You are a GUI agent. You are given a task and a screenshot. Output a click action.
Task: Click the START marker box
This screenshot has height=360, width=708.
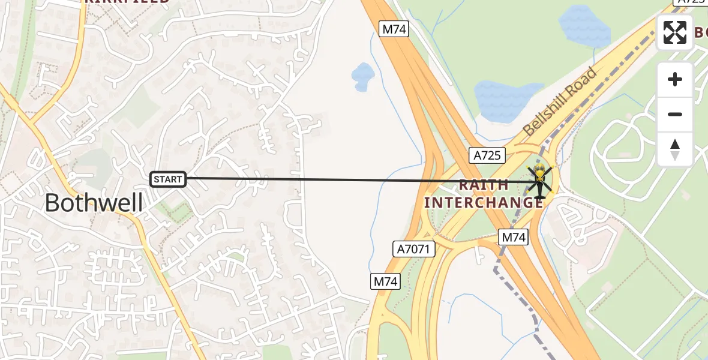pos(168,179)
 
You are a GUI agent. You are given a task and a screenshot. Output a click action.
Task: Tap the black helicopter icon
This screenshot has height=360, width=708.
pos(539,181)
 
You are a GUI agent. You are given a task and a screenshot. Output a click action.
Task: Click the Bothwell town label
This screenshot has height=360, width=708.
pos(94,203)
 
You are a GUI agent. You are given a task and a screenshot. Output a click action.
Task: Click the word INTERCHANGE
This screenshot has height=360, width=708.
pos(484,203)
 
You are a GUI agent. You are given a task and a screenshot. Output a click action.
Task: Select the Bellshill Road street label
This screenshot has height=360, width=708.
pos(559,102)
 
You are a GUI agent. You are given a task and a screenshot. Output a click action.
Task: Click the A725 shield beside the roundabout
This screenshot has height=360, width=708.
pos(487,156)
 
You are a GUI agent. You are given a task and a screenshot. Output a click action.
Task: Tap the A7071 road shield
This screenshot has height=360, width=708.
pos(415,248)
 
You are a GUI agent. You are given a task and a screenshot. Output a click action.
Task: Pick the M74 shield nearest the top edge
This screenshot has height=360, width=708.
pos(394,28)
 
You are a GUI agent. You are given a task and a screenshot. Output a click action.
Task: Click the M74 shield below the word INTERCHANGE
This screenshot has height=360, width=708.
pos(513,238)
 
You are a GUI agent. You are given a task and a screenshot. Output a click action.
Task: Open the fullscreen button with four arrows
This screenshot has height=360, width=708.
pos(675,32)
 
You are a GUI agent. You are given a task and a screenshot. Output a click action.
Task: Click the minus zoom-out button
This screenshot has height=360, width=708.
pos(675,114)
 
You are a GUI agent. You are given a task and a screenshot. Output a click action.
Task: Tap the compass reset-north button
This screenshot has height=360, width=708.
pos(675,149)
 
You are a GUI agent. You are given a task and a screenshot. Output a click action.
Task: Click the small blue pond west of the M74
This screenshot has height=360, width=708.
pos(363,76)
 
